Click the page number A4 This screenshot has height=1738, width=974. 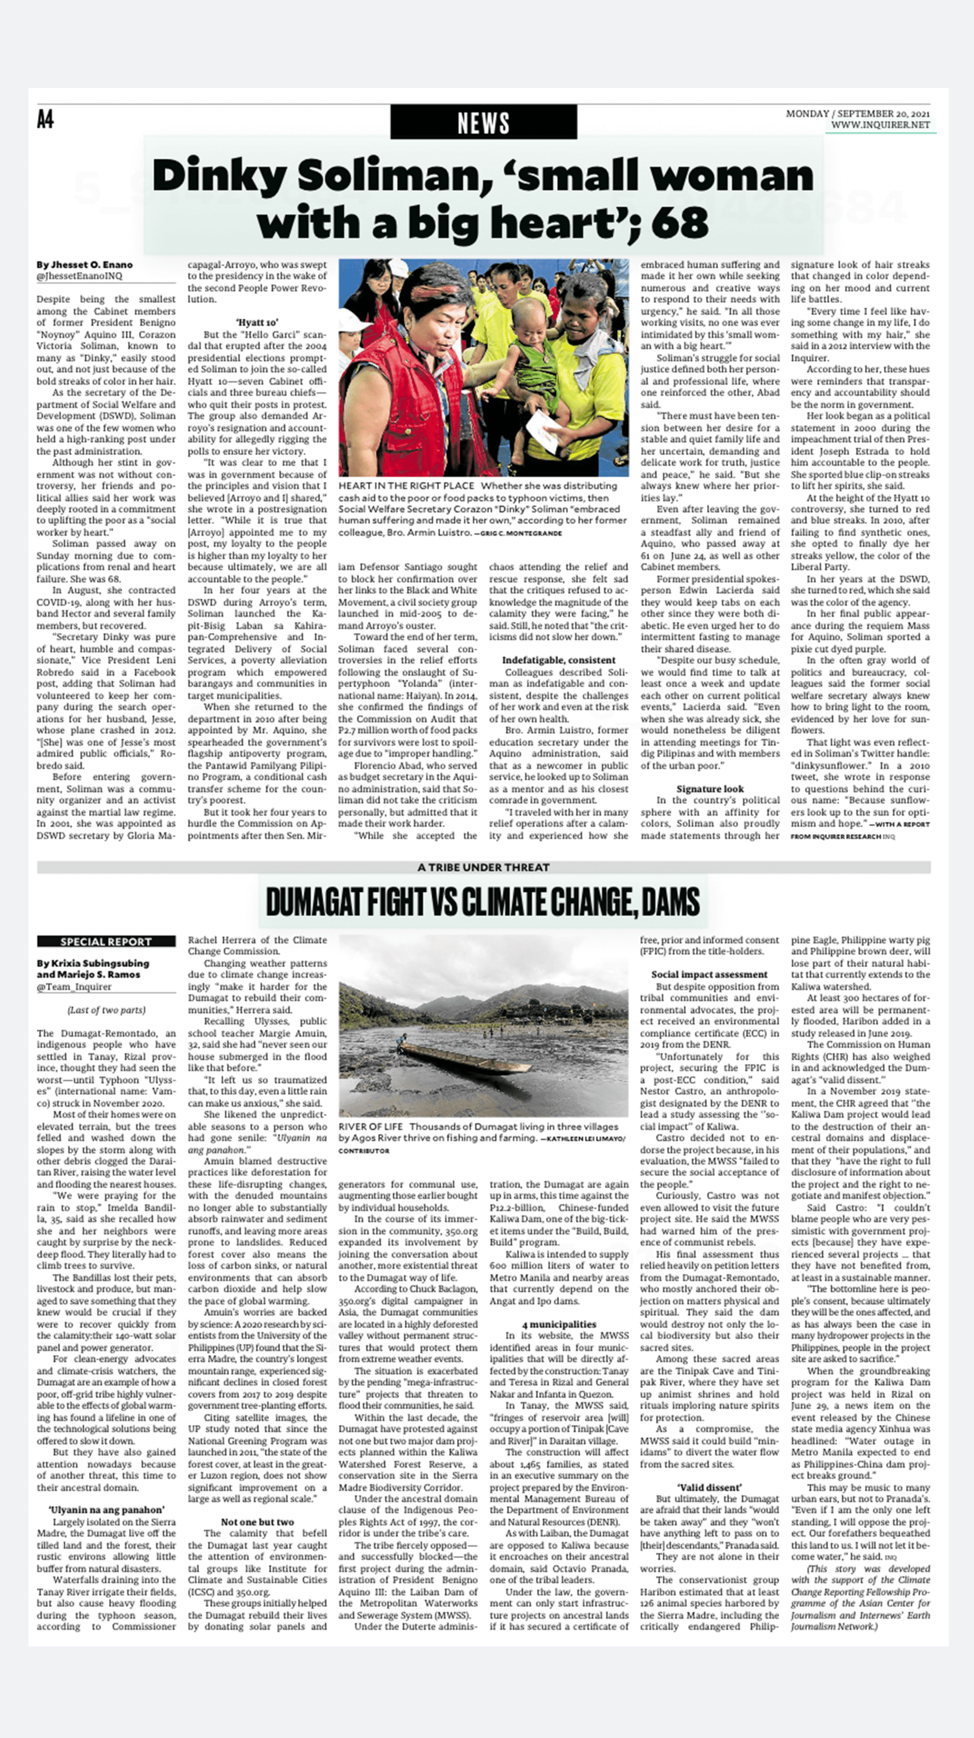(45, 120)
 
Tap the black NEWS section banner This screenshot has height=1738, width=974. (484, 123)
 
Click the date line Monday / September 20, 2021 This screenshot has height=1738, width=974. (857, 114)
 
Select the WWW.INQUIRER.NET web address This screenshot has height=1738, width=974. (879, 125)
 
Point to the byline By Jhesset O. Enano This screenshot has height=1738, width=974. (85, 265)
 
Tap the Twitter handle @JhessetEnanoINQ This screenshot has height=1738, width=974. (79, 276)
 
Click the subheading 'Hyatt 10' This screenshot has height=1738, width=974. (256, 323)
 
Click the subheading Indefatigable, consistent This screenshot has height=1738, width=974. (558, 660)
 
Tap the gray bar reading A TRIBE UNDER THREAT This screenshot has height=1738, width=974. (484, 867)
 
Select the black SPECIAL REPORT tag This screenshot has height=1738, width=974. (106, 941)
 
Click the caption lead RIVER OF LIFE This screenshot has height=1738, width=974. (370, 1127)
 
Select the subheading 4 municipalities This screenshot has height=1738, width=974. (558, 1324)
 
